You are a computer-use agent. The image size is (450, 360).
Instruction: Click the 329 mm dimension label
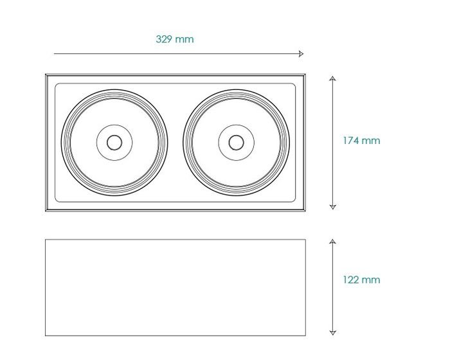175,39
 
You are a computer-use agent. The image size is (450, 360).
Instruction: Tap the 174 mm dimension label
361,140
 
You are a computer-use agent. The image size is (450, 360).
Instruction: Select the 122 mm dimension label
361,280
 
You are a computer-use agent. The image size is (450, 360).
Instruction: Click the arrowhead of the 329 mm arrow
301,54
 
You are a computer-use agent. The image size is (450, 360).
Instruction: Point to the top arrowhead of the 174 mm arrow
332,78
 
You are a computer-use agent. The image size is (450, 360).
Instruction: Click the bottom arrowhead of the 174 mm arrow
332,207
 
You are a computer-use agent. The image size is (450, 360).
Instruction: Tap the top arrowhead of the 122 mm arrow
332,241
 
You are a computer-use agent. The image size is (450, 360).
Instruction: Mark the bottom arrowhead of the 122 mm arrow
332,333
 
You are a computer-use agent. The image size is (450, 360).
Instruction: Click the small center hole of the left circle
114,143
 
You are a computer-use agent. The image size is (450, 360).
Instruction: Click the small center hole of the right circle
236,143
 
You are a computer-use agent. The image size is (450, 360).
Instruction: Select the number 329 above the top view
163,39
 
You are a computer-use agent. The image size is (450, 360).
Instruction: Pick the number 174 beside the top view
351,140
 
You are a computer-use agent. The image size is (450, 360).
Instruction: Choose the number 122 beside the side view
351,280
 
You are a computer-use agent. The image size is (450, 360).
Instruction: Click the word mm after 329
184,39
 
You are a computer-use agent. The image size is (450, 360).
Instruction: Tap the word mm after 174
371,141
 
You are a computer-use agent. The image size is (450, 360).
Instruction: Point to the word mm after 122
371,280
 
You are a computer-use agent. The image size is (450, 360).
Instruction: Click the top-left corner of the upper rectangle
46,75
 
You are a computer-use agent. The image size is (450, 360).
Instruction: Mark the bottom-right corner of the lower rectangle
305,336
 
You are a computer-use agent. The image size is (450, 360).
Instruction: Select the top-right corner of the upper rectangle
305,75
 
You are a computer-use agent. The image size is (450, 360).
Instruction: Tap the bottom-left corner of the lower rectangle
46,336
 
